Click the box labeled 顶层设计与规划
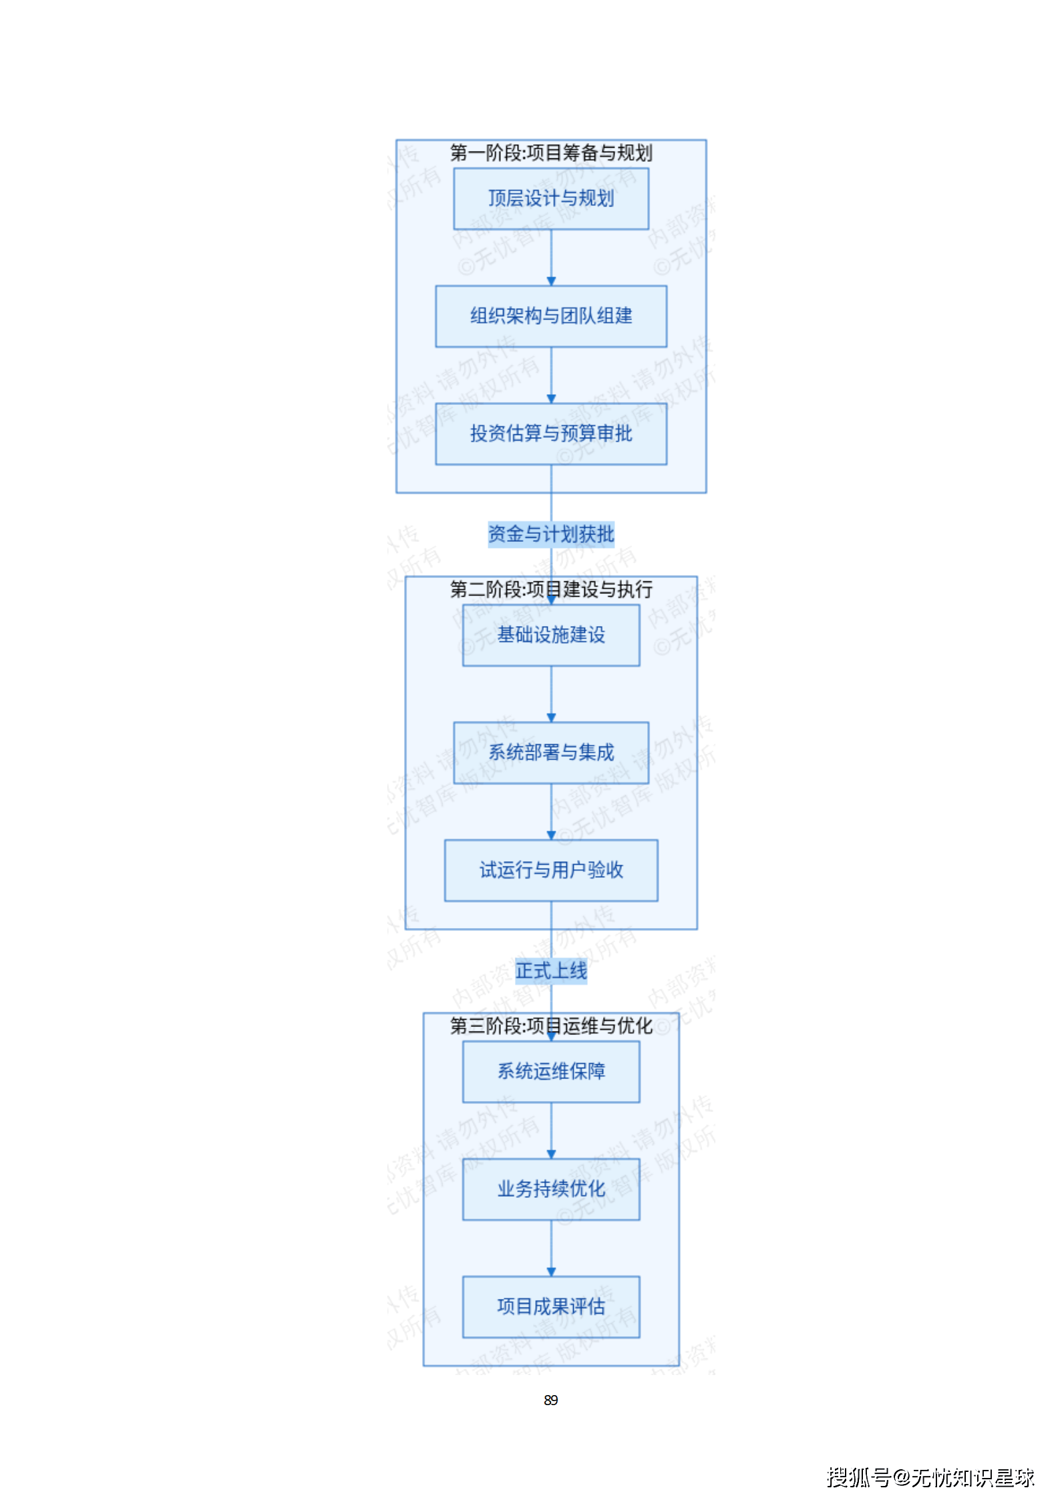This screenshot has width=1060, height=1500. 550,198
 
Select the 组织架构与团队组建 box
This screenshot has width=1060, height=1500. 550,316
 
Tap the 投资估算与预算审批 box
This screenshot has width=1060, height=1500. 550,434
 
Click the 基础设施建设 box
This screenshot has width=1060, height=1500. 550,635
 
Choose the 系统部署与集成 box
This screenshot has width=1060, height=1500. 550,752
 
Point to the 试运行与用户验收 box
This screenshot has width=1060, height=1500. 550,870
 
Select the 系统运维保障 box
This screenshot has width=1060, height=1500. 550,1071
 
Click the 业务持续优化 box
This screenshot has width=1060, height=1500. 550,1189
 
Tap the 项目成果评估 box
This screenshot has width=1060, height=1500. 550,1306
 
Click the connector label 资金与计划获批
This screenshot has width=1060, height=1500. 550,534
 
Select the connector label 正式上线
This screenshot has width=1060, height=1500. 550,970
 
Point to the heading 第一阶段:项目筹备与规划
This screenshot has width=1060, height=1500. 550,153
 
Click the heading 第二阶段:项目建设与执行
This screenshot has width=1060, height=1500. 550,589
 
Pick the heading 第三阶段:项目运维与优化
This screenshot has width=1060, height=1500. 550,1026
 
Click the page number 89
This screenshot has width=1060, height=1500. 550,1400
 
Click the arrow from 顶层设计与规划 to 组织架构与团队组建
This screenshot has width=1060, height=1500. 551,257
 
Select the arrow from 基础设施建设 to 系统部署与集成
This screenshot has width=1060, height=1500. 551,694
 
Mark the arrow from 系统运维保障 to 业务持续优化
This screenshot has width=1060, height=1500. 551,1130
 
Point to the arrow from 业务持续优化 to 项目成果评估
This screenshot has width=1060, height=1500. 551,1247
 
